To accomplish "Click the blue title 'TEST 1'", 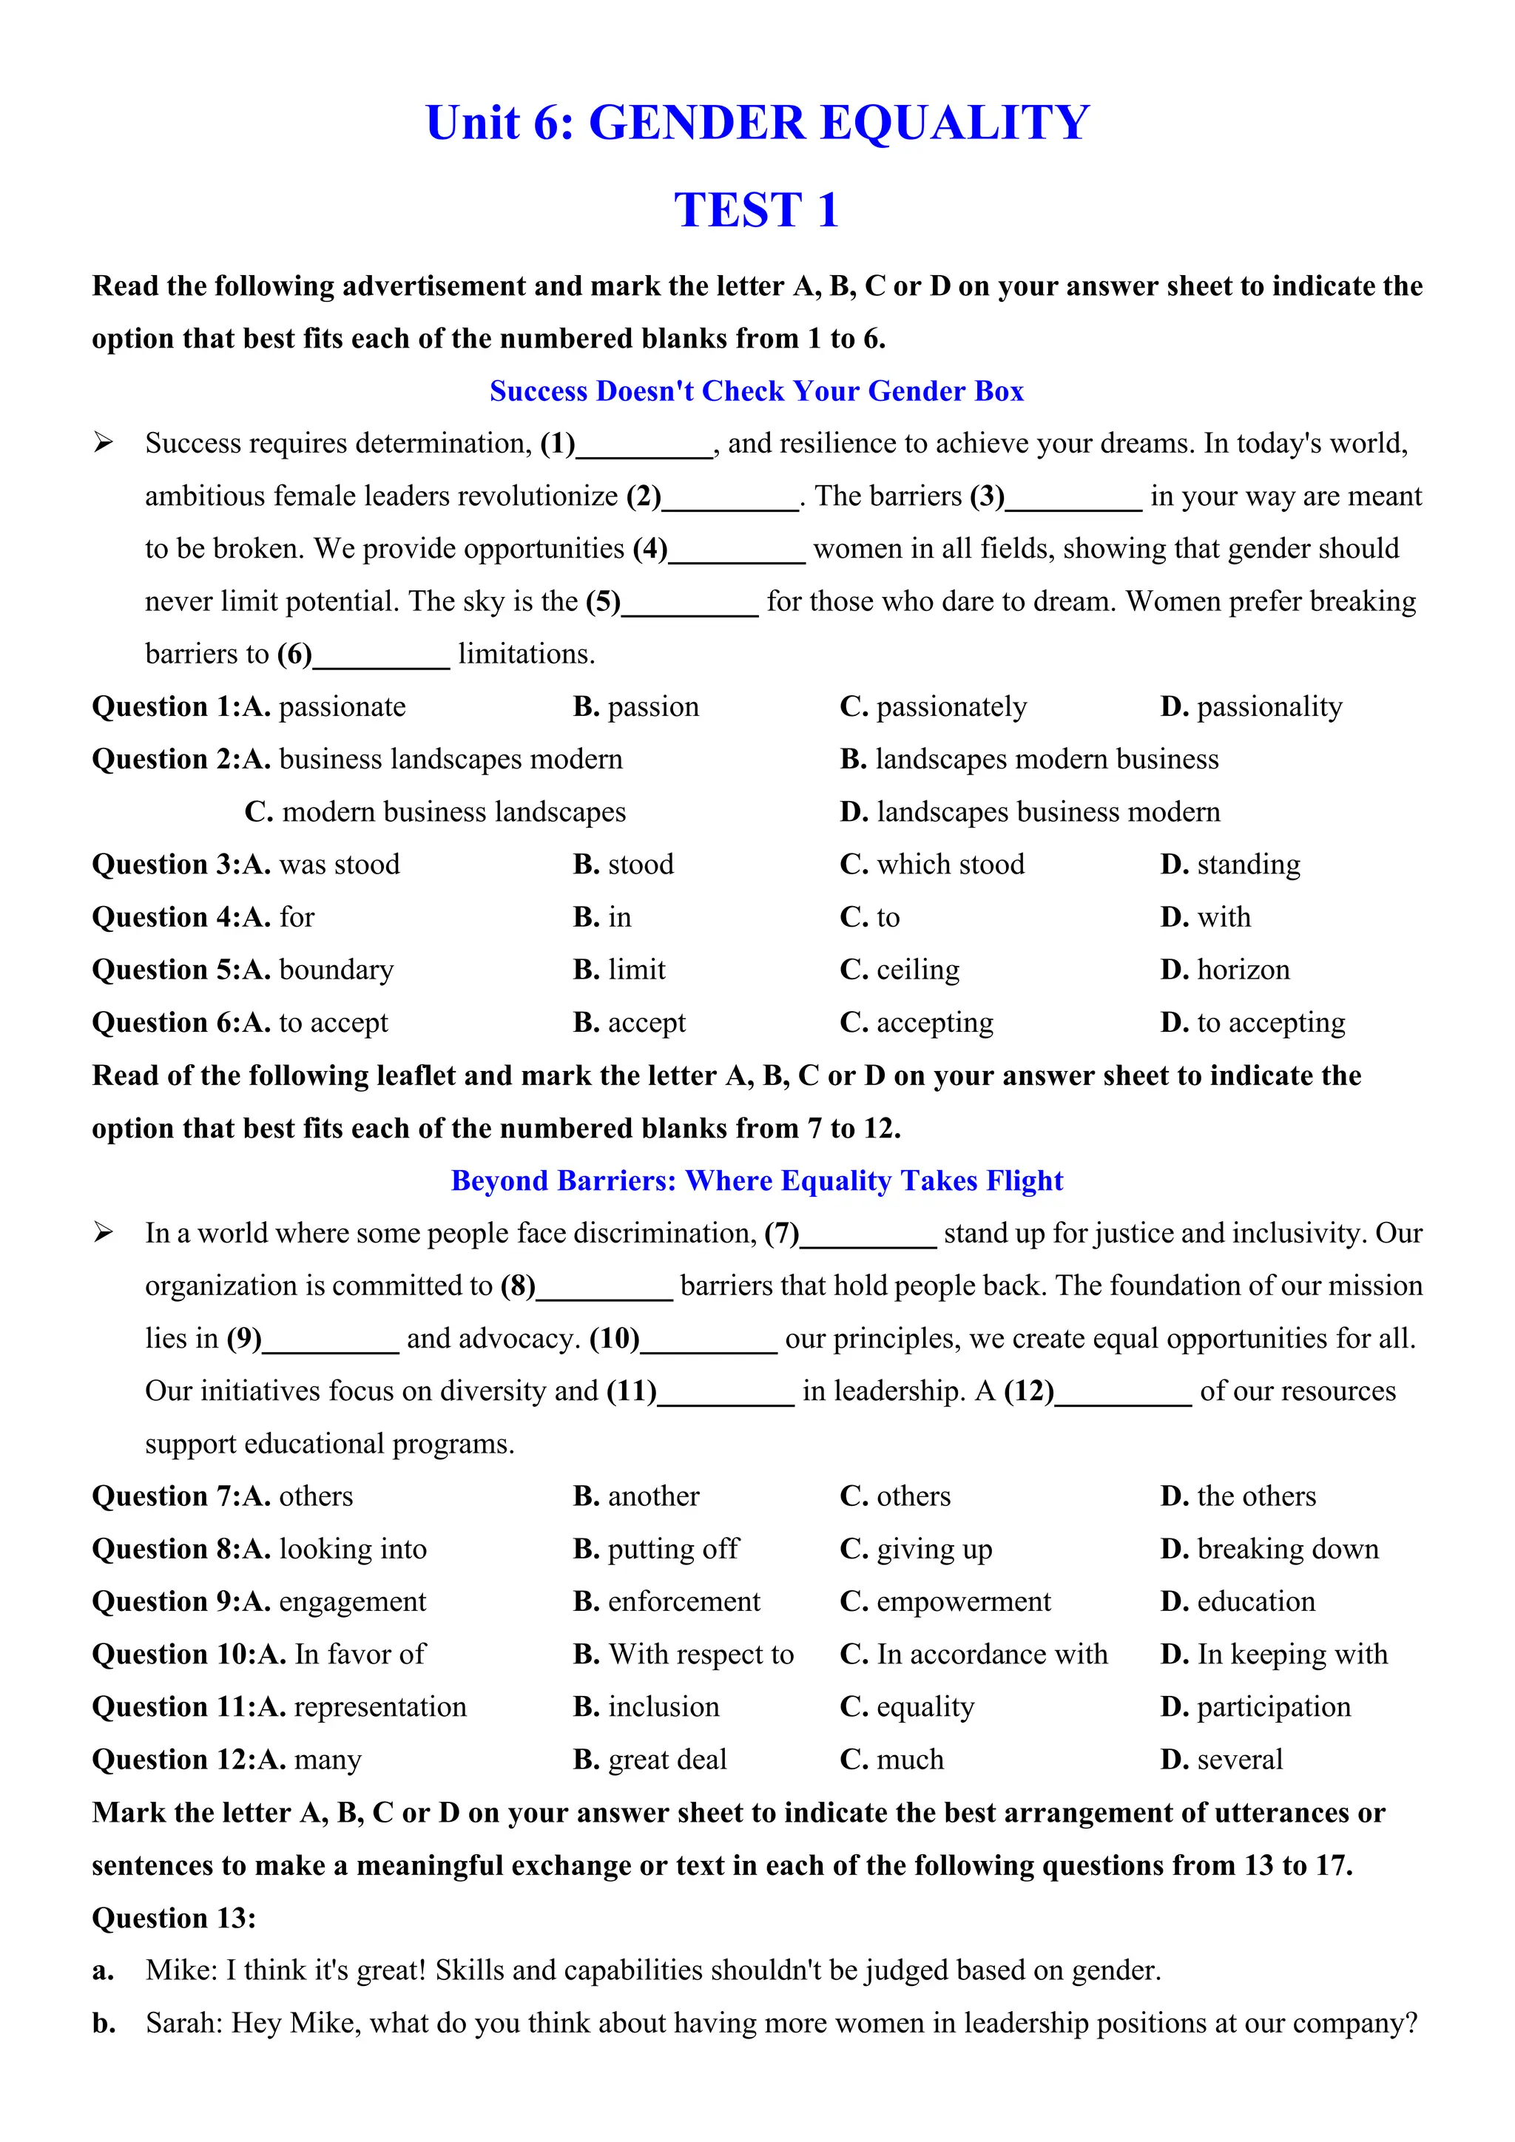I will (x=757, y=210).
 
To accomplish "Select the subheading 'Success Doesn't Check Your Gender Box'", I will (x=757, y=391).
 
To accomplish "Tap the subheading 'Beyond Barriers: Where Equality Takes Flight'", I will (x=757, y=1181).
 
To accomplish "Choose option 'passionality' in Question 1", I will (x=1269, y=707).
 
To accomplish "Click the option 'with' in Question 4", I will (x=1223, y=918).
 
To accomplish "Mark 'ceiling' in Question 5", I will (x=917, y=970).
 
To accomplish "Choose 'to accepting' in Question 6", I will (x=1271, y=1024).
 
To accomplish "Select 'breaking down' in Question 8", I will (x=1286, y=1550).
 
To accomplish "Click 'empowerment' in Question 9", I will (x=962, y=1602).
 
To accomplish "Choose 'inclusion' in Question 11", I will (x=664, y=1707).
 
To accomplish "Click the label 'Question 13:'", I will (x=174, y=1918).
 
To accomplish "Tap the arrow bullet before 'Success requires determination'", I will (x=103, y=443).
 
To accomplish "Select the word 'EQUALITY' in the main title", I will (x=954, y=123).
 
